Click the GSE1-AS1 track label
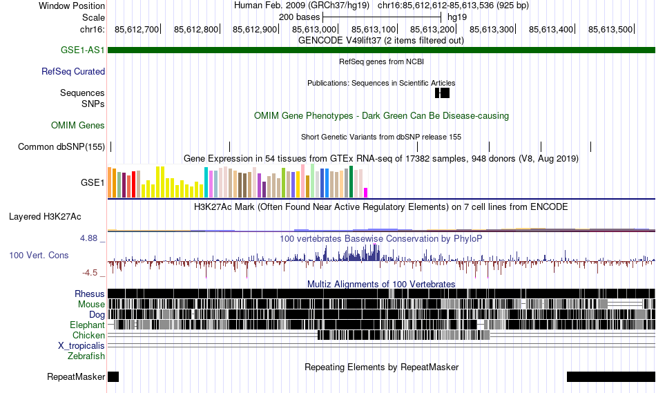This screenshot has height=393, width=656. click(82, 50)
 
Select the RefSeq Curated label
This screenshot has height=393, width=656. click(73, 71)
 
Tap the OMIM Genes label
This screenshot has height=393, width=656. click(78, 125)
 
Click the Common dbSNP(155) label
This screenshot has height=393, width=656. click(61, 146)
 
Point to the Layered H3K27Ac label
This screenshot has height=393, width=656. click(45, 216)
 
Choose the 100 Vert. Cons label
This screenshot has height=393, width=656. click(39, 255)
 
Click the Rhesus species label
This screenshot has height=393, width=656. click(90, 294)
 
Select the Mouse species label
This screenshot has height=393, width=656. click(92, 304)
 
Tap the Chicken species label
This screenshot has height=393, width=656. click(88, 335)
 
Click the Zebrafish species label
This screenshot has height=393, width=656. click(86, 356)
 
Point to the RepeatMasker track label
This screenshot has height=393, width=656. click(76, 377)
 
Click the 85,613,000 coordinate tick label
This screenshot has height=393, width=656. click(315, 29)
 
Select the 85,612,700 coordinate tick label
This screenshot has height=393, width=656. click(137, 29)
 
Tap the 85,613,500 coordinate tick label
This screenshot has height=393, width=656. click(610, 29)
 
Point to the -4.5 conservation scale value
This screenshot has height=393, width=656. click(91, 273)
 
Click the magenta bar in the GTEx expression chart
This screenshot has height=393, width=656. click(366, 192)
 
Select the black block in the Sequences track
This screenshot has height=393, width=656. click(442, 93)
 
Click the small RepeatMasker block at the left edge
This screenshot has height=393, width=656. click(113, 376)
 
